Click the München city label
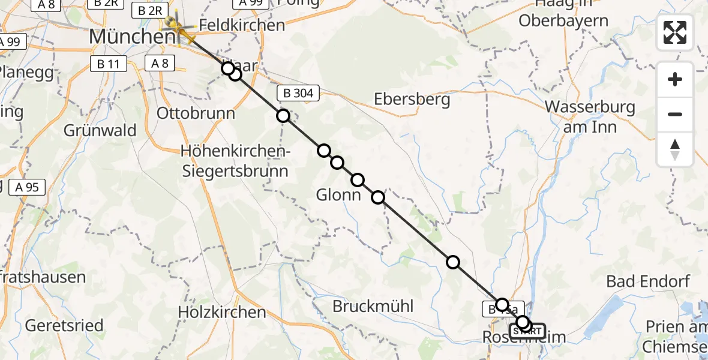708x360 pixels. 133,37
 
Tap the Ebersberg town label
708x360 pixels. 412,99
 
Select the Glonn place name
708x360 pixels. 339,195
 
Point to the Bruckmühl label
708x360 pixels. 373,306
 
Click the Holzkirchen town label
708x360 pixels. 222,312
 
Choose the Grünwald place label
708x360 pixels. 100,130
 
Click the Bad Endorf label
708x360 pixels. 648,281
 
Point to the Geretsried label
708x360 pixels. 64,326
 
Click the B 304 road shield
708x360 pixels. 298,93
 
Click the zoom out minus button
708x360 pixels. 675,114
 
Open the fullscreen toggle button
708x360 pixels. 675,32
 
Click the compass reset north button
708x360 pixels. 675,149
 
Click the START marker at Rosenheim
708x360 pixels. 528,331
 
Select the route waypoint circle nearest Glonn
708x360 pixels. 358,180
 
